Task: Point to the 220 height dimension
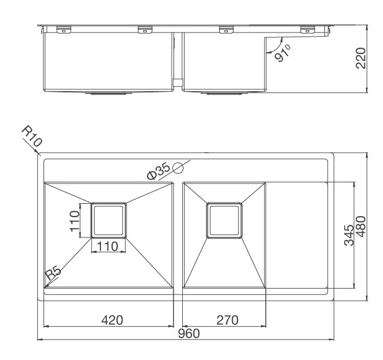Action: pos(360,58)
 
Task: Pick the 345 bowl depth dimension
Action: pos(349,235)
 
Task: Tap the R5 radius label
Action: pos(53,273)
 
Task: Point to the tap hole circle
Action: pos(178,168)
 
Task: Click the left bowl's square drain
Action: pos(109,220)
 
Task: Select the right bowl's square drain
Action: pos(225,220)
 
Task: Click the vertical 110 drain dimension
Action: pos(74,221)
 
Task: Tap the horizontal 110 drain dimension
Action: pos(108,246)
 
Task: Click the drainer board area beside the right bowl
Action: pos(297,235)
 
